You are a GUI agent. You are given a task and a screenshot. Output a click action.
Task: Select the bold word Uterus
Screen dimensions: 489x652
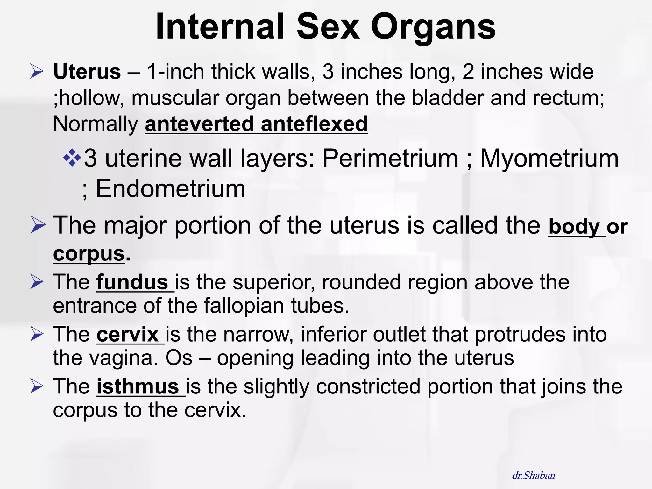(x=87, y=72)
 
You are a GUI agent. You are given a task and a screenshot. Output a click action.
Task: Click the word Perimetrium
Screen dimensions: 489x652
(x=390, y=158)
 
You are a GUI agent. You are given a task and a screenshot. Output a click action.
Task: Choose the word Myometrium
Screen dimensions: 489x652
(x=549, y=158)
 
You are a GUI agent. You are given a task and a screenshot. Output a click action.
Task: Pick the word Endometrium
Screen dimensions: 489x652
(x=171, y=189)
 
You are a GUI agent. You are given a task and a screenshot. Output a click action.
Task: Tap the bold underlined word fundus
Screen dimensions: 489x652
(x=132, y=282)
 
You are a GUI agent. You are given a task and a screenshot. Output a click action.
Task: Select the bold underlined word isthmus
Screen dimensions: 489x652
(x=138, y=386)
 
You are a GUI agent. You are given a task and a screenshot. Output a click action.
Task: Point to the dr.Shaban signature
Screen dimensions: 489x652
(x=534, y=475)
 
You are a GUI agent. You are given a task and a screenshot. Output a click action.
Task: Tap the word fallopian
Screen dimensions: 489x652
(x=244, y=306)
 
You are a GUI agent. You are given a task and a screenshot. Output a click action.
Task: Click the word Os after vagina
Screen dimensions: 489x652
(x=179, y=358)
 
